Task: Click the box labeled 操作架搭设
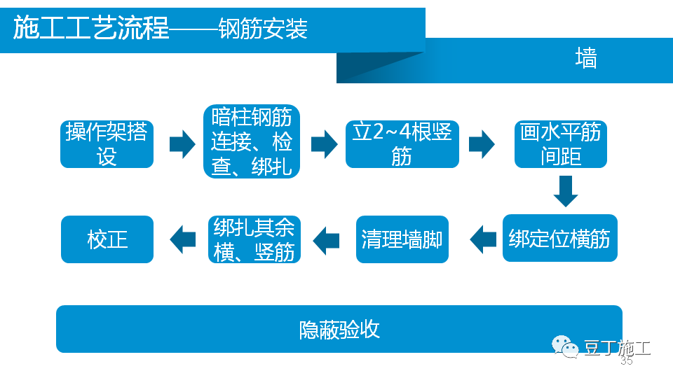pyautogui.click(x=107, y=144)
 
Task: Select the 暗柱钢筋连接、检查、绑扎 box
pyautogui.click(x=251, y=142)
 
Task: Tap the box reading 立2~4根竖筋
pyautogui.click(x=402, y=144)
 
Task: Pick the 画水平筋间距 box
pyautogui.click(x=560, y=144)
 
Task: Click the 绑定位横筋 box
pyautogui.click(x=559, y=239)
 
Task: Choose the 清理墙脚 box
pyautogui.click(x=402, y=239)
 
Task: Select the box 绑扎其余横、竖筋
pyautogui.click(x=254, y=239)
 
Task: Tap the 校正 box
pyautogui.click(x=107, y=239)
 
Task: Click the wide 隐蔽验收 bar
pyautogui.click(x=339, y=329)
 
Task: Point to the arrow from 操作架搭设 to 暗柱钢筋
pyautogui.click(x=182, y=144)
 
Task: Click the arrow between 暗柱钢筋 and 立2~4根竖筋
pyautogui.click(x=324, y=144)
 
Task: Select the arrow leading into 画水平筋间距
pyautogui.click(x=481, y=144)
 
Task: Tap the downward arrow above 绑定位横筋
pyautogui.click(x=565, y=191)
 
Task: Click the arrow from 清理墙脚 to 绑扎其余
pyautogui.click(x=326, y=239)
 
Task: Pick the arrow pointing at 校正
pyautogui.click(x=183, y=239)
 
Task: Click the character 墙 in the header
pyautogui.click(x=585, y=59)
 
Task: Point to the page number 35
pyautogui.click(x=626, y=361)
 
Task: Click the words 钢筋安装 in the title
pyautogui.click(x=263, y=30)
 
